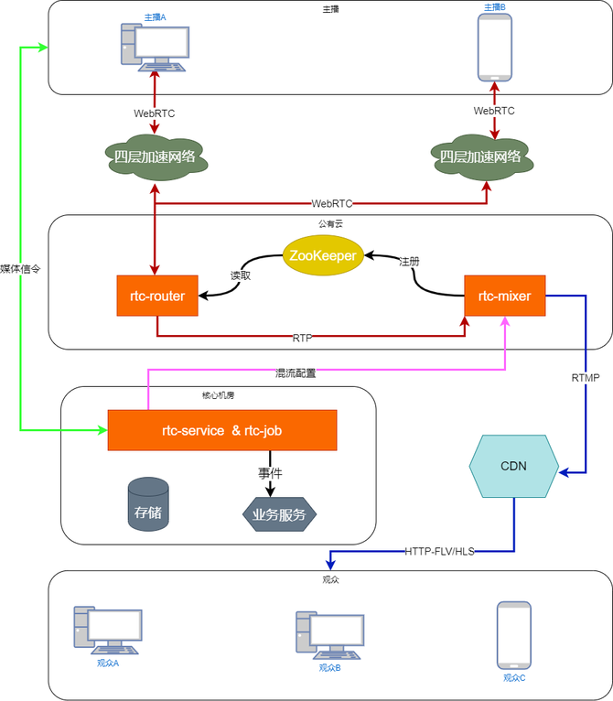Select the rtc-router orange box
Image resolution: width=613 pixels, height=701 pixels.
157,296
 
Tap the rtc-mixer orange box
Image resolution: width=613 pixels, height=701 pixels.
505,296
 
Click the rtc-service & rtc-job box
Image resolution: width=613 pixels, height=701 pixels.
222,430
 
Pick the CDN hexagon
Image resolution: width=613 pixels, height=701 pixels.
513,466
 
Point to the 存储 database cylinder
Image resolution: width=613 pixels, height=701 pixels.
148,504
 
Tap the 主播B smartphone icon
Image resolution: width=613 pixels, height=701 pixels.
495,47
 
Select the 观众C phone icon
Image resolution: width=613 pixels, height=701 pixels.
513,634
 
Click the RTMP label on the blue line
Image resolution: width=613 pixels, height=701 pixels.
586,377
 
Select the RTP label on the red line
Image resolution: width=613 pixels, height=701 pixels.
302,338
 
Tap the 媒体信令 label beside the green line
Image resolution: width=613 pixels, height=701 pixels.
20,269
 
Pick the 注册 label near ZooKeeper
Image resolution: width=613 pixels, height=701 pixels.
409,261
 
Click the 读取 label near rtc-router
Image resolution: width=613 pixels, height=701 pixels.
240,275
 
